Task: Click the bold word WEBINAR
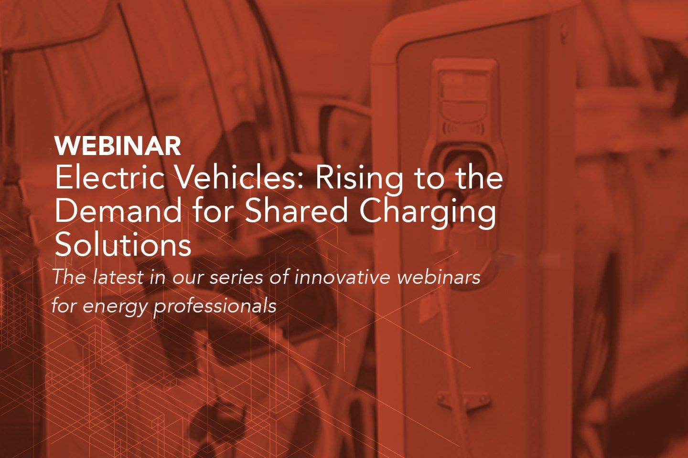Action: (118, 146)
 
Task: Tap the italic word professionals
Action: (215, 306)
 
